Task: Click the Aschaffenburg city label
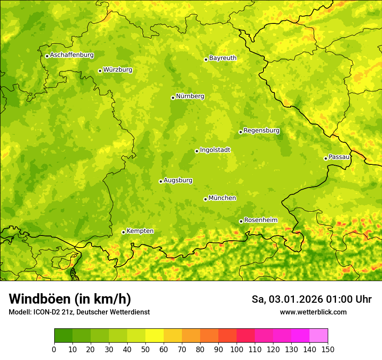[x=72, y=55]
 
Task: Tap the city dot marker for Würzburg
[x=100, y=71]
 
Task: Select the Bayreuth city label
[x=223, y=58]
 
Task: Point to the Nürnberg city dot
[x=173, y=98]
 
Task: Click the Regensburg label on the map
[x=261, y=131]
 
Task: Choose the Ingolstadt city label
[x=215, y=150]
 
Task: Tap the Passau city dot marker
[x=326, y=158]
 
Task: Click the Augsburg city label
[x=178, y=180]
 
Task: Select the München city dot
[x=205, y=199]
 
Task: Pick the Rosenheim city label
[x=260, y=220]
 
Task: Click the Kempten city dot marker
[x=123, y=232]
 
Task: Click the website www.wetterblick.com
[x=313, y=312]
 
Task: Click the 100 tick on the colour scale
[x=237, y=350]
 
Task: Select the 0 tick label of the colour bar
[x=54, y=350]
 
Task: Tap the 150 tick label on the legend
[x=328, y=350]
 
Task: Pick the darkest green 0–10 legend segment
[x=63, y=336]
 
